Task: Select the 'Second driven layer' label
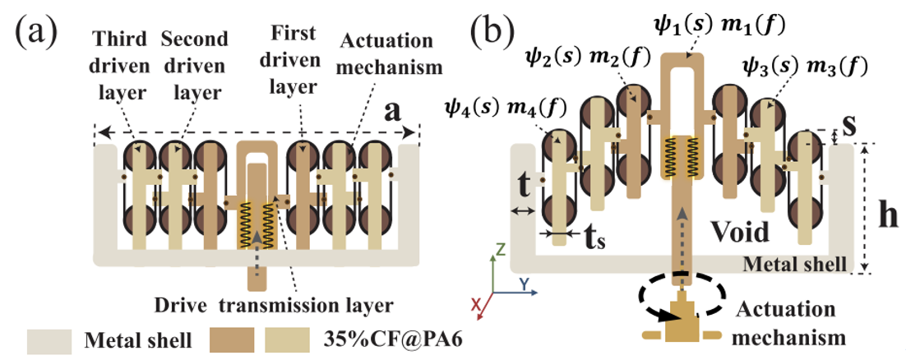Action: (193, 69)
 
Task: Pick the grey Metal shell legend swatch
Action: (49, 342)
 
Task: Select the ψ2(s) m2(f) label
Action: (586, 58)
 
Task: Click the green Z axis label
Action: (502, 250)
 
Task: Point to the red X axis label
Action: (477, 305)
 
